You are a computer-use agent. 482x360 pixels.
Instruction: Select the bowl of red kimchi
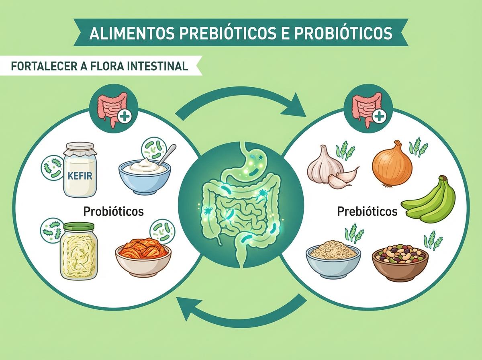click(x=143, y=257)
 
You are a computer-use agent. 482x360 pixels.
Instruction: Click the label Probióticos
click(x=113, y=211)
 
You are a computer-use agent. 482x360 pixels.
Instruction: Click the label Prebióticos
click(x=367, y=211)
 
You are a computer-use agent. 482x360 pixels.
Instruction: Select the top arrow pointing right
click(x=241, y=102)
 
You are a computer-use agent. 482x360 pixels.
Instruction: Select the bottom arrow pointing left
click(x=241, y=311)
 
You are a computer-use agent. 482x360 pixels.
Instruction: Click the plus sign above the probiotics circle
click(x=125, y=117)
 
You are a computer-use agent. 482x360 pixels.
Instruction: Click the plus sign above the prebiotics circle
click(x=379, y=117)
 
